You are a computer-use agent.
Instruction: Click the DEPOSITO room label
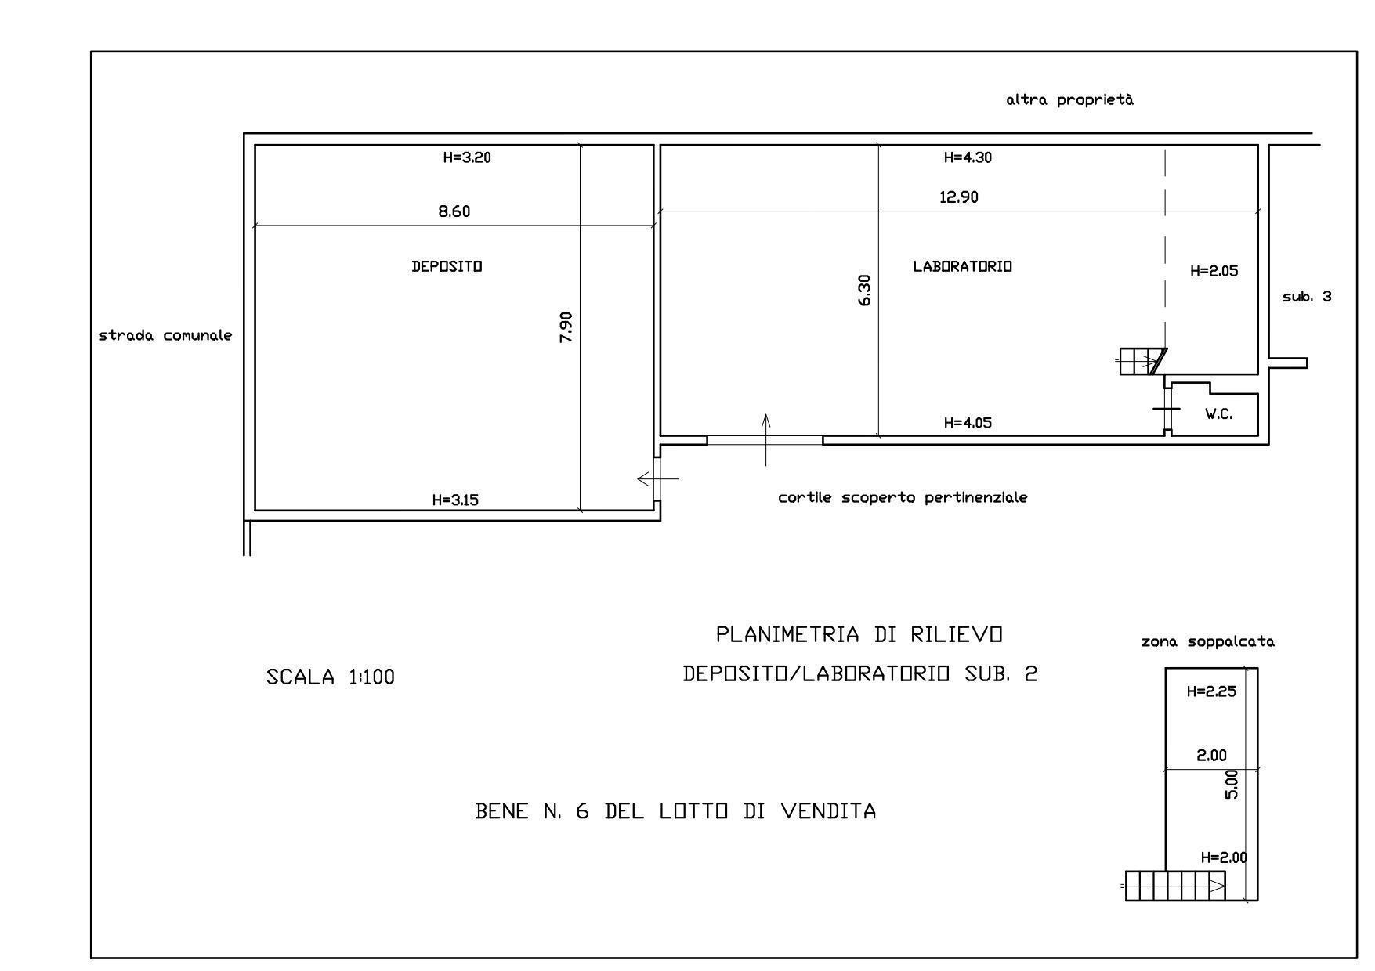coord(447,266)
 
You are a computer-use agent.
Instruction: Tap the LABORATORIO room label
coord(962,266)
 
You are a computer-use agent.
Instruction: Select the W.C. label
coord(1218,413)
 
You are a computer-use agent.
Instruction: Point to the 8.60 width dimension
coord(454,211)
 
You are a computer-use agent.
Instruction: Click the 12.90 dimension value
coord(959,197)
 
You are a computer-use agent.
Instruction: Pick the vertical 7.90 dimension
coord(566,327)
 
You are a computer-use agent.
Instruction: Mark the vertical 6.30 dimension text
coord(864,290)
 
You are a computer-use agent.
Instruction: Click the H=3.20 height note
coord(467,157)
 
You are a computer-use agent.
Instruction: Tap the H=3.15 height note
coord(455,500)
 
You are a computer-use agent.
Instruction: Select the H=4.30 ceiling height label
coord(968,157)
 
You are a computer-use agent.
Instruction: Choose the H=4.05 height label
coord(968,423)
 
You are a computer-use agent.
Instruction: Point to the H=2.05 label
coord(1214,271)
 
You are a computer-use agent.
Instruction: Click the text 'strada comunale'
coord(165,335)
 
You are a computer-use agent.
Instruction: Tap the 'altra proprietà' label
coord(1070,100)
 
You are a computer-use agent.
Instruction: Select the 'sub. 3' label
coord(1307,297)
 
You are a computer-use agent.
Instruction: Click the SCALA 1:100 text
coord(331,677)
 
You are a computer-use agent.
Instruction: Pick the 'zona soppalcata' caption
coord(1208,642)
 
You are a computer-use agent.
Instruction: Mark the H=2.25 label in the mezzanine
coord(1211,691)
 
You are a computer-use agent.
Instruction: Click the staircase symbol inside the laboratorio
coord(1142,362)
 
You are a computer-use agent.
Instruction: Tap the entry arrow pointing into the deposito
coord(658,478)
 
